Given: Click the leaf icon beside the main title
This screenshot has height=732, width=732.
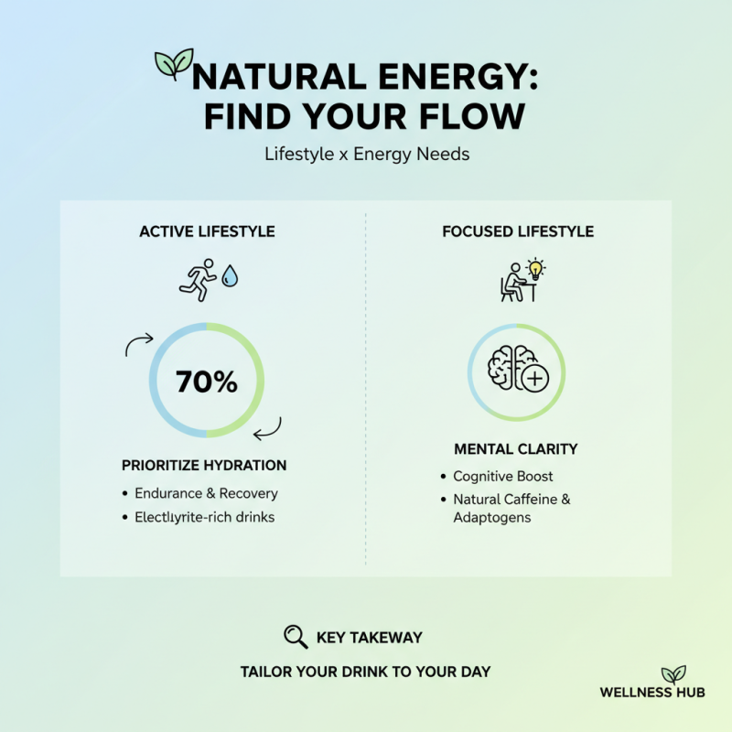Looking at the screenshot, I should (174, 64).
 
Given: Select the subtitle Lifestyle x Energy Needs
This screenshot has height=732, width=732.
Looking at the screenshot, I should (366, 154).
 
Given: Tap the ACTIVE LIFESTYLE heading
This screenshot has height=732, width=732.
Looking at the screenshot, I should (207, 231).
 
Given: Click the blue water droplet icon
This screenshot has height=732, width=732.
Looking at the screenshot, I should (228, 276).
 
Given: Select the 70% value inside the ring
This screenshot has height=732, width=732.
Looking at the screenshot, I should (207, 381).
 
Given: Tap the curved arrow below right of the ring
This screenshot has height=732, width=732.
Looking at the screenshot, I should (268, 427).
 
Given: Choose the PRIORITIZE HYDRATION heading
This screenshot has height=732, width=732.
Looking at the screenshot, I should (204, 465).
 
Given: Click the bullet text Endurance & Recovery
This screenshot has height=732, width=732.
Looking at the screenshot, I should (206, 493).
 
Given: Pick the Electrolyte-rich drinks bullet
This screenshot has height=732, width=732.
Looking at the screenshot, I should (204, 517).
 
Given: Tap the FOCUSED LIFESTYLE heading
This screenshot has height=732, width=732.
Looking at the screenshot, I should (518, 231).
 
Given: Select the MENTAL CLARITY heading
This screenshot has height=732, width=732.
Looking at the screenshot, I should (516, 449).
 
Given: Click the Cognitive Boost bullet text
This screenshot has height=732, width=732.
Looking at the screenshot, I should (503, 477).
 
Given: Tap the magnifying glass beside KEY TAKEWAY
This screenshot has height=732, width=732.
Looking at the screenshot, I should (295, 637).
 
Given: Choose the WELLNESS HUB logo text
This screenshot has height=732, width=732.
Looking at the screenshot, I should (652, 693).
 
